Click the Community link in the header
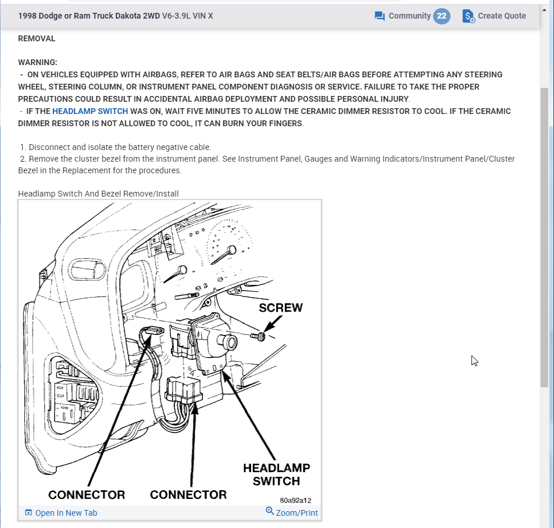click(x=409, y=16)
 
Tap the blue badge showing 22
click(x=442, y=16)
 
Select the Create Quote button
click(x=501, y=16)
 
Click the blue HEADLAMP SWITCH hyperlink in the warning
click(x=90, y=111)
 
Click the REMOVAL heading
click(x=37, y=38)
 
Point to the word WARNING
click(x=37, y=62)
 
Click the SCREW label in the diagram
click(x=281, y=308)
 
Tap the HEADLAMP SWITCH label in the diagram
click(x=276, y=474)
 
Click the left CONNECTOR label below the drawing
click(x=87, y=495)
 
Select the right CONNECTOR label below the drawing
click(x=188, y=495)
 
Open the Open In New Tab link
click(x=66, y=513)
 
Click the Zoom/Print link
click(x=296, y=513)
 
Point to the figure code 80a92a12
click(x=295, y=500)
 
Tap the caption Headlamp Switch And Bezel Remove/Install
click(x=98, y=194)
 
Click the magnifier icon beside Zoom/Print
click(x=270, y=511)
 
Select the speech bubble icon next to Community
click(x=380, y=16)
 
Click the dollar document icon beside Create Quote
click(x=469, y=16)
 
